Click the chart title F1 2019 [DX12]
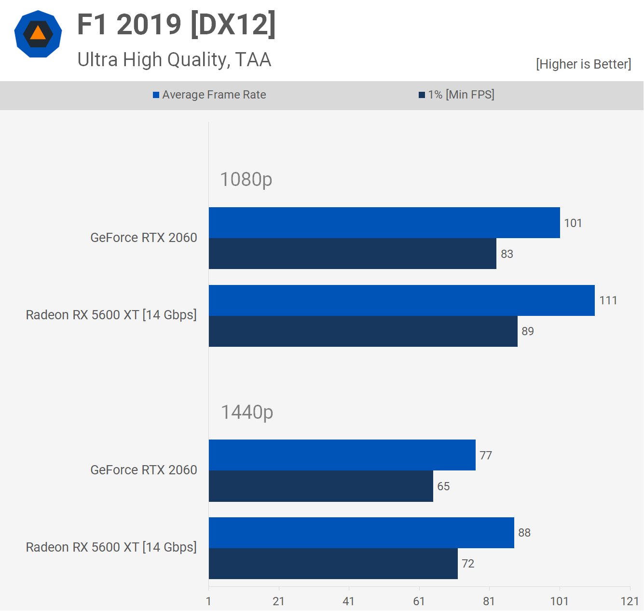pyautogui.click(x=177, y=25)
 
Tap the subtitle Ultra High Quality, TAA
pyautogui.click(x=174, y=60)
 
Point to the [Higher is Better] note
pyautogui.click(x=583, y=64)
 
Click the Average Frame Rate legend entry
pyautogui.click(x=209, y=95)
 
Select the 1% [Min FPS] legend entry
pyautogui.click(x=456, y=95)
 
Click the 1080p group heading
pyautogui.click(x=246, y=180)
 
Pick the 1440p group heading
pyautogui.click(x=247, y=412)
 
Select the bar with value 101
pyautogui.click(x=384, y=223)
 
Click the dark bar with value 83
pyautogui.click(x=352, y=254)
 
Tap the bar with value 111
pyautogui.click(x=401, y=300)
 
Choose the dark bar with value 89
pyautogui.click(x=363, y=331)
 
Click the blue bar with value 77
pyautogui.click(x=342, y=455)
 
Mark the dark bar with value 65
pyautogui.click(x=321, y=486)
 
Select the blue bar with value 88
pyautogui.click(x=361, y=533)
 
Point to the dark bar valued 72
pyautogui.click(x=333, y=564)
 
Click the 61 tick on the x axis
pyautogui.click(x=419, y=601)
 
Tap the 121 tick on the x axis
pyautogui.click(x=630, y=601)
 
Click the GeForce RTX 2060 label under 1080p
pyautogui.click(x=144, y=238)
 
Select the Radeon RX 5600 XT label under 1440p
pyautogui.click(x=111, y=547)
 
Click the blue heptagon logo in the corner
pyautogui.click(x=38, y=34)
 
